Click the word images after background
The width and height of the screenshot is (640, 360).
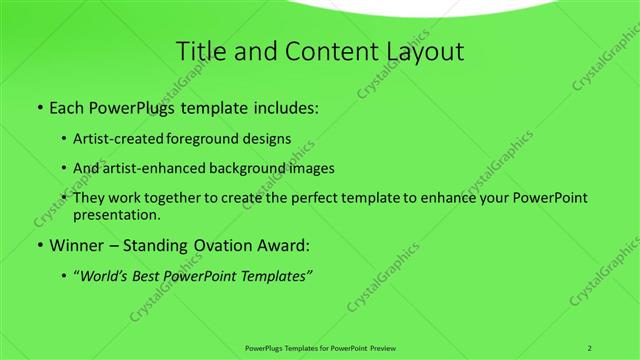click(311, 168)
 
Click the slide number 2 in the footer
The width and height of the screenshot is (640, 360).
click(590, 347)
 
